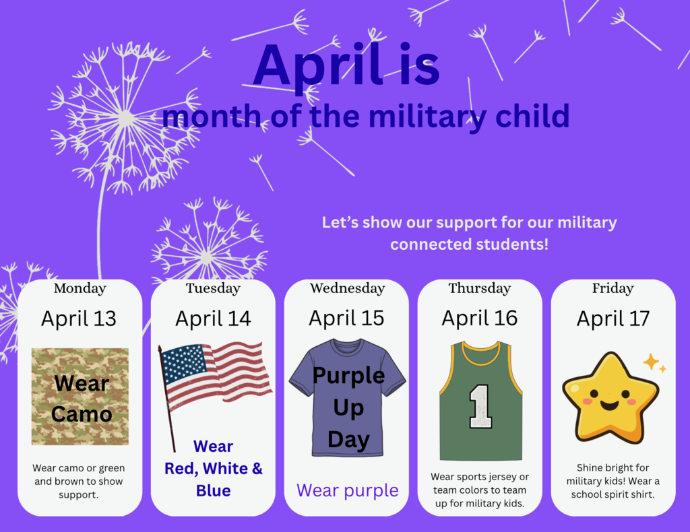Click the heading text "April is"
(346, 65)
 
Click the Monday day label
(80, 288)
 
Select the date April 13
(79, 318)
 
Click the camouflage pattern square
(80, 397)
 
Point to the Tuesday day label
(213, 288)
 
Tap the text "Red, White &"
(214, 468)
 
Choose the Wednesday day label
(347, 288)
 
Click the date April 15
(346, 318)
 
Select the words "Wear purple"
(347, 490)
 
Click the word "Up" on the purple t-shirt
(348, 408)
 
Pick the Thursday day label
(480, 288)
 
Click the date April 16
(480, 318)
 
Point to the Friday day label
(613, 288)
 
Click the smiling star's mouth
(608, 406)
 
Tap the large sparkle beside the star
(651, 362)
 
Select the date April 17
(613, 318)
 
